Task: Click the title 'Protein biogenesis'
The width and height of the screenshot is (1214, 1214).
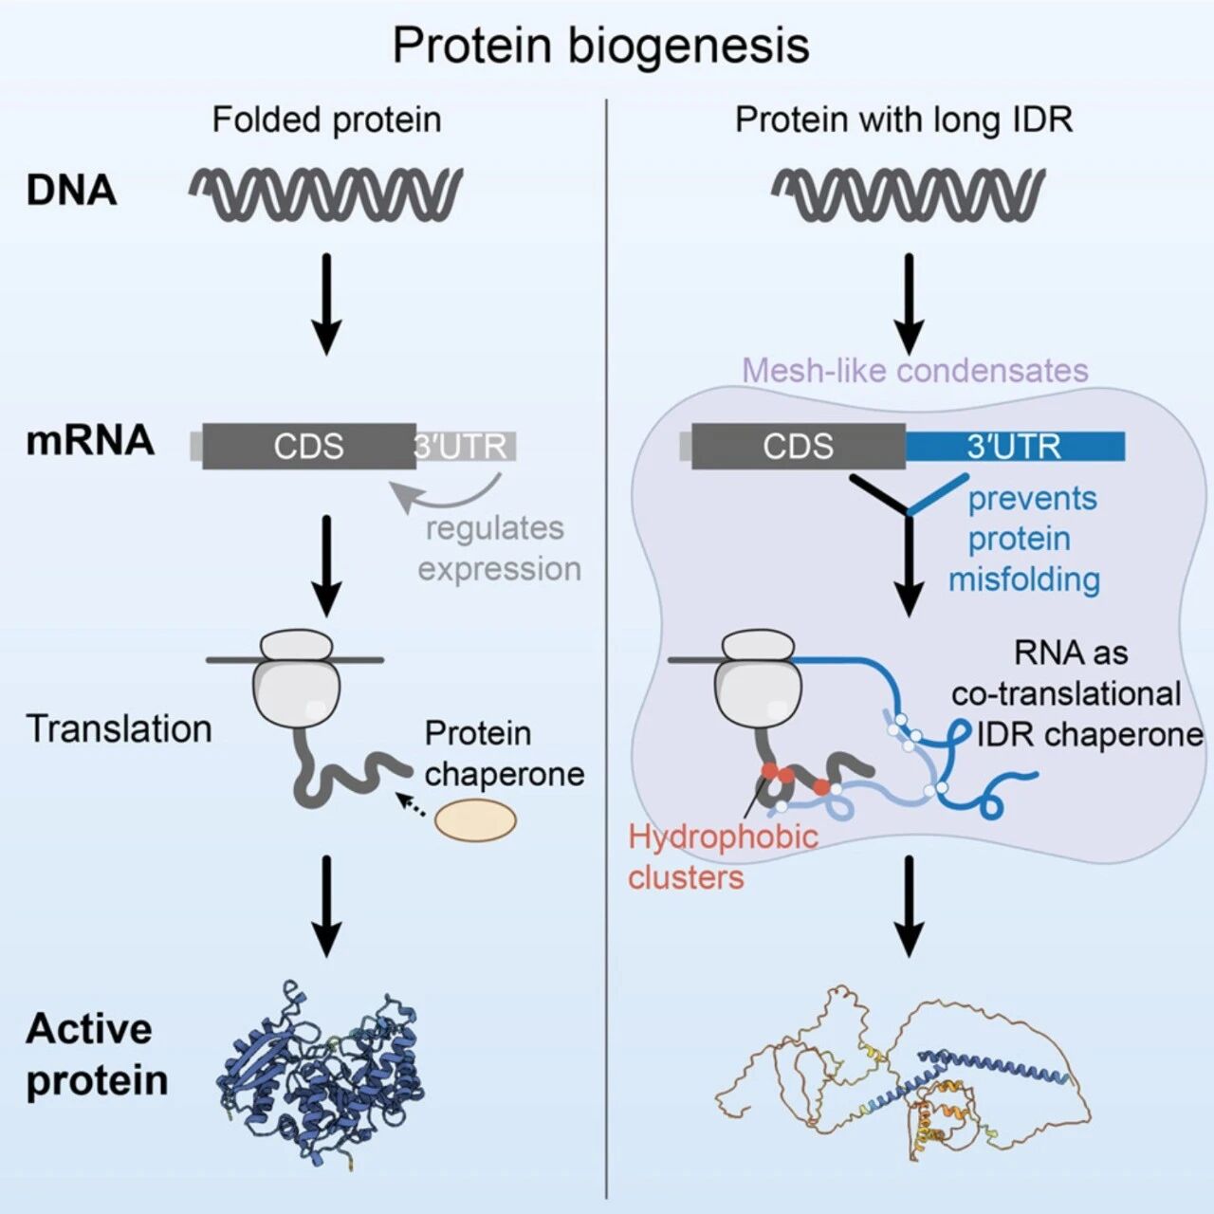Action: (601, 46)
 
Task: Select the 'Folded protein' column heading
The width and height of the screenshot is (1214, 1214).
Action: (326, 120)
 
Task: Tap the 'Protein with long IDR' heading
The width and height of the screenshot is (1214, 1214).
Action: (904, 120)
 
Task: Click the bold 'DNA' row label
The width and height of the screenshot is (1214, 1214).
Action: (71, 191)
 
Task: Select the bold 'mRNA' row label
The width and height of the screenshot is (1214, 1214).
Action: (89, 440)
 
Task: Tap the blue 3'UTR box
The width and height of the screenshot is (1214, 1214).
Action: (1015, 446)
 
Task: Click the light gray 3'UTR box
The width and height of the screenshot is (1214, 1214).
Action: (466, 446)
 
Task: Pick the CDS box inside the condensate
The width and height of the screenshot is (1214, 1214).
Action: (799, 446)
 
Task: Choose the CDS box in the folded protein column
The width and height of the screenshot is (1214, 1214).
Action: (308, 446)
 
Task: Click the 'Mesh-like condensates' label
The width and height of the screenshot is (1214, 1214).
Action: (915, 371)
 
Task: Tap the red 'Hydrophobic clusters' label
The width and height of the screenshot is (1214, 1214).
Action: (724, 856)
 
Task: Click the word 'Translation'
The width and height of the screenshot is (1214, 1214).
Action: (120, 729)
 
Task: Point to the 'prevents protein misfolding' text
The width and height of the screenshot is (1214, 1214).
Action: (1025, 539)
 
